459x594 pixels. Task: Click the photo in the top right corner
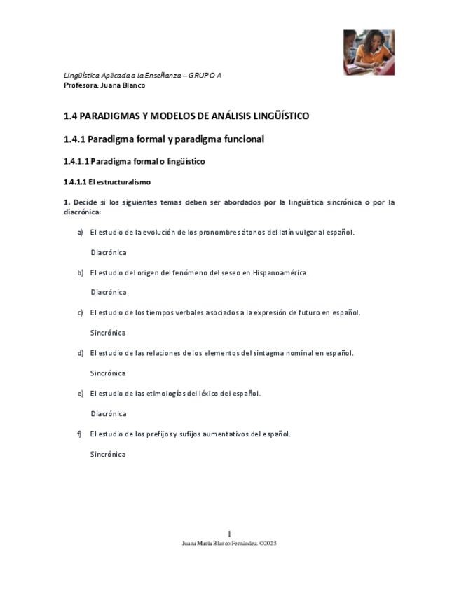(x=369, y=53)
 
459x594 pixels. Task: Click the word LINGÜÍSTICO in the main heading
(x=268, y=116)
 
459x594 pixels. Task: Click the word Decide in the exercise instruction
(x=87, y=202)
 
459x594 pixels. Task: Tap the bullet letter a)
(x=80, y=232)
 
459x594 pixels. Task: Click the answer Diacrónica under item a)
(x=108, y=252)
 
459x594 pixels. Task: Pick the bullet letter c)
(x=80, y=312)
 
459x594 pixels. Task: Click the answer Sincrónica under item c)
(x=108, y=333)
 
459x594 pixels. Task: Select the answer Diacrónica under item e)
(x=108, y=414)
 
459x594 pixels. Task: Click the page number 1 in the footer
(x=229, y=534)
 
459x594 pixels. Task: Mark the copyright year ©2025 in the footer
(x=268, y=543)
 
